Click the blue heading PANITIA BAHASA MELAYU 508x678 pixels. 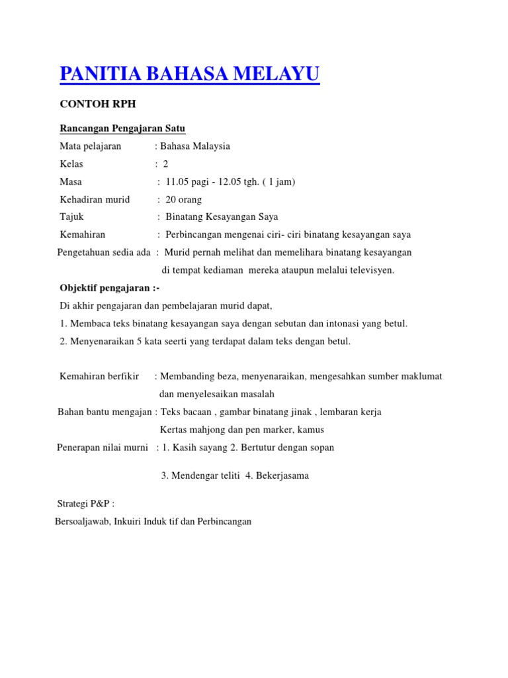pyautogui.click(x=189, y=73)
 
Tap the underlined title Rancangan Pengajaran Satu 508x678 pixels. pyautogui.click(x=122, y=128)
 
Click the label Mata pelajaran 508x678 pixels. pyautogui.click(x=91, y=146)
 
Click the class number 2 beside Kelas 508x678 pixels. pyautogui.click(x=166, y=164)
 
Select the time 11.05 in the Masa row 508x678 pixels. pyautogui.click(x=178, y=181)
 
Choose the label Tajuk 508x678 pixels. pyautogui.click(x=72, y=217)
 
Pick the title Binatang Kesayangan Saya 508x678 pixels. pyautogui.click(x=222, y=217)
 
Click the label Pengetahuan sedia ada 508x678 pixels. pyautogui.click(x=104, y=252)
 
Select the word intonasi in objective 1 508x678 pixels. pyautogui.click(x=339, y=323)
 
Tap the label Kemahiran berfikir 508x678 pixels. pyautogui.click(x=99, y=376)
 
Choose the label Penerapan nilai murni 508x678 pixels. pyautogui.click(x=103, y=447)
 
